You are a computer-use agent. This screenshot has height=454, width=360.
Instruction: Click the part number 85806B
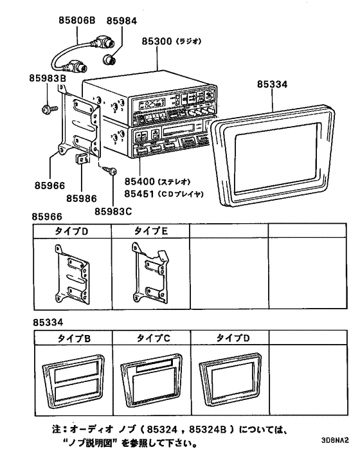(x=77, y=20)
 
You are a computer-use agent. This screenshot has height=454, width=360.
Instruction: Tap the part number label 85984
(x=122, y=20)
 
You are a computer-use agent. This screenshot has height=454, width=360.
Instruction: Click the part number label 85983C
(x=114, y=210)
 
